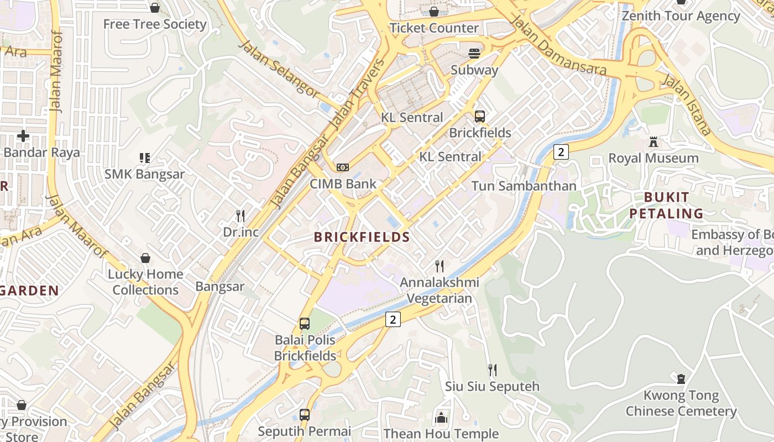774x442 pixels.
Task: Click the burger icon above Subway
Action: [474, 54]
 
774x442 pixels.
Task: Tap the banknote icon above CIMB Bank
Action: [343, 167]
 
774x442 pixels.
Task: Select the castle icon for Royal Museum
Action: [653, 142]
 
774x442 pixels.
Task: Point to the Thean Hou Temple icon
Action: [441, 418]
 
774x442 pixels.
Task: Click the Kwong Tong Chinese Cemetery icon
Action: [681, 379]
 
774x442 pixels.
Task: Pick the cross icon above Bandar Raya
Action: [23, 136]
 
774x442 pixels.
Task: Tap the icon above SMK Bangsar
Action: [144, 158]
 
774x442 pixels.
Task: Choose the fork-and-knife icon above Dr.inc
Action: [240, 215]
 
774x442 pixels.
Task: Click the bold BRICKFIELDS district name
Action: [362, 238]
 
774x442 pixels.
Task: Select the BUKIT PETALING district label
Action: [666, 206]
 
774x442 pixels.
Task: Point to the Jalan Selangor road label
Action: [279, 69]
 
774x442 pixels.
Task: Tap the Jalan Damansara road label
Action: [558, 46]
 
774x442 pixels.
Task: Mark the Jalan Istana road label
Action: [686, 104]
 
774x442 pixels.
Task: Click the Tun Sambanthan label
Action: [524, 186]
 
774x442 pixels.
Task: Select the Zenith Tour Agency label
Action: [681, 16]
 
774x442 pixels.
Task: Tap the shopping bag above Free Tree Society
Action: [155, 8]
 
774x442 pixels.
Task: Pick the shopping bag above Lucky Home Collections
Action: [145, 258]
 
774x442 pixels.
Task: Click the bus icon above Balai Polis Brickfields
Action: [305, 324]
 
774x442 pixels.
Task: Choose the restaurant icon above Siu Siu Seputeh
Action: [492, 370]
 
